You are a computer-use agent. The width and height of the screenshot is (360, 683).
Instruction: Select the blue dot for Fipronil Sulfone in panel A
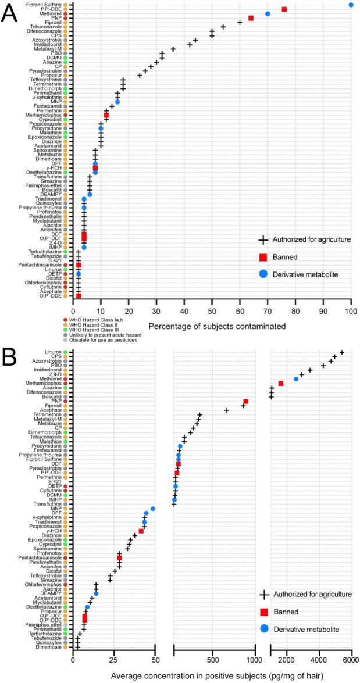[351, 5]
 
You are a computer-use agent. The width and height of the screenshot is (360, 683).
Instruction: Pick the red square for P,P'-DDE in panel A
[284, 9]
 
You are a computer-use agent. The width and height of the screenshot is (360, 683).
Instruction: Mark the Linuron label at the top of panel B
[54, 352]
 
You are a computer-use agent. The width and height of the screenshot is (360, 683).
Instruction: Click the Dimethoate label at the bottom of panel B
[50, 646]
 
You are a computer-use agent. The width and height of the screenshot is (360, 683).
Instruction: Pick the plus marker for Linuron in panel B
[342, 352]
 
